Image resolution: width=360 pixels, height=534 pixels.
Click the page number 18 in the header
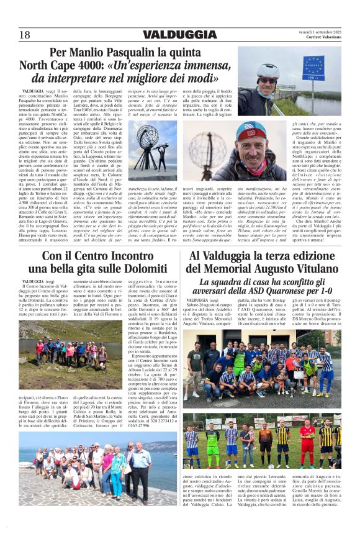click(24, 34)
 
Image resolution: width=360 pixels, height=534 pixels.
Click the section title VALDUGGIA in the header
click(179, 34)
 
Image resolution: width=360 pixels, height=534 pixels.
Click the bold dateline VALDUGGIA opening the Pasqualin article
click(32, 91)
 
